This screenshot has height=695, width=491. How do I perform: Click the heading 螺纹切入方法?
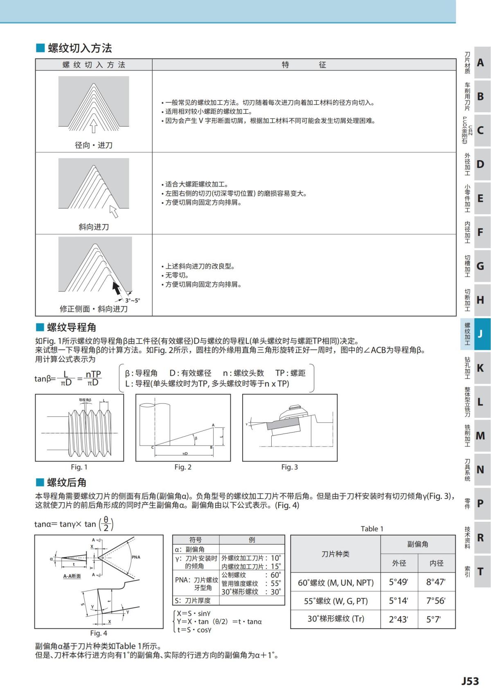[x=79, y=48]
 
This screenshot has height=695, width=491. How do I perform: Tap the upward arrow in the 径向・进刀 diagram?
[x=93, y=126]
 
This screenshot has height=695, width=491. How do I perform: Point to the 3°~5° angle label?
[x=132, y=300]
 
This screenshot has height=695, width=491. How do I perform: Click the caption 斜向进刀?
[x=94, y=227]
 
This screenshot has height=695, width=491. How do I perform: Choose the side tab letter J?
[x=480, y=334]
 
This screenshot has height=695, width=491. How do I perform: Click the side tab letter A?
[x=480, y=63]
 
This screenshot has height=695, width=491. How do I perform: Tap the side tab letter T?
[x=480, y=571]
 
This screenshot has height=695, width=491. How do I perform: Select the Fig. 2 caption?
[x=183, y=467]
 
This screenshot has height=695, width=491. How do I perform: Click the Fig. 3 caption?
[x=289, y=467]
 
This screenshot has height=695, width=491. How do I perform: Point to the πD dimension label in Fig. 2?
[x=185, y=454]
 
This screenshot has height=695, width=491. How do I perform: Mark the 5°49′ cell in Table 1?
[x=399, y=582]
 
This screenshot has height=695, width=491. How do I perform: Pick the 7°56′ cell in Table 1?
[x=436, y=601]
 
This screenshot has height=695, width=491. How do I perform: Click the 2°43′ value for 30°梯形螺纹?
[x=399, y=619]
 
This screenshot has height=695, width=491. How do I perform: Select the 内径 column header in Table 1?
[x=436, y=563]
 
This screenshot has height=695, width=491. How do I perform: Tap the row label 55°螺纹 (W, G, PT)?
[x=336, y=601]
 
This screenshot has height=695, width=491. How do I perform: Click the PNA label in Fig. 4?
[x=136, y=557]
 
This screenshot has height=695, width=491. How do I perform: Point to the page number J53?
[x=470, y=681]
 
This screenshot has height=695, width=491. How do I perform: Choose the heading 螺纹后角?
[x=66, y=482]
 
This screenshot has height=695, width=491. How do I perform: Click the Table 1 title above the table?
[x=372, y=529]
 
